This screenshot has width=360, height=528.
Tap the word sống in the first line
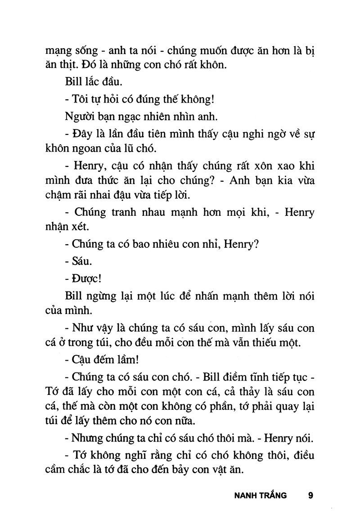pos(83,48)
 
